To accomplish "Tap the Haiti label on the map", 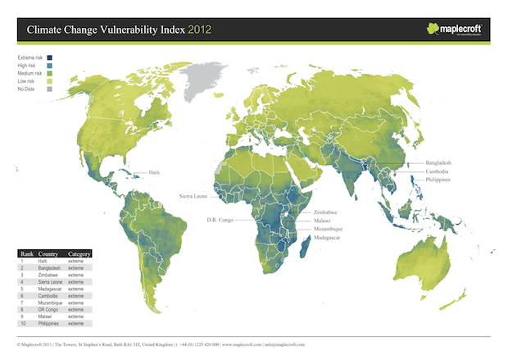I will [x=154, y=173].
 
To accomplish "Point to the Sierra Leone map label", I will [x=197, y=197].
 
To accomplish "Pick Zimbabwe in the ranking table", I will [x=49, y=275].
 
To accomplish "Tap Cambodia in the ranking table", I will [x=49, y=295].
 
